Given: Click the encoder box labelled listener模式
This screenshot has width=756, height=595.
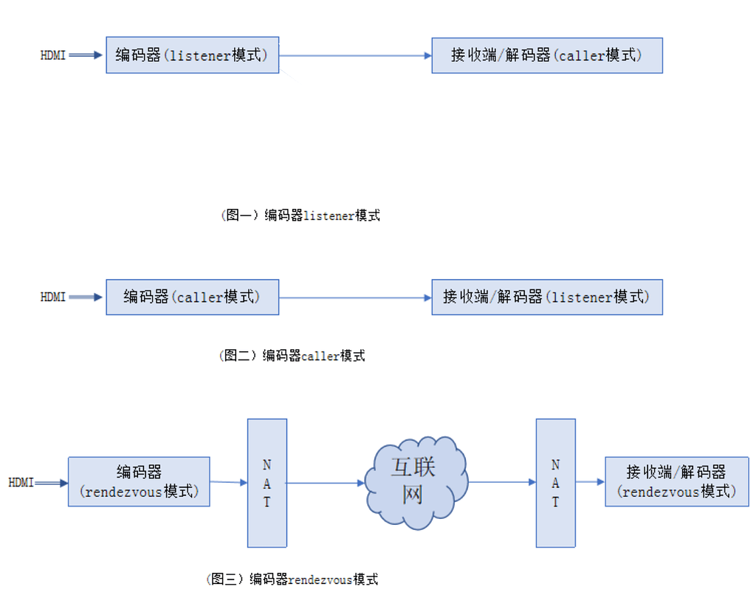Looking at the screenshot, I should (x=192, y=55).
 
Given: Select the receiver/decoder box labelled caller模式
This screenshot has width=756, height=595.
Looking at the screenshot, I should (x=546, y=55).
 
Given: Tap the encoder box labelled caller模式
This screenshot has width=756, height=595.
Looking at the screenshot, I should (x=192, y=297).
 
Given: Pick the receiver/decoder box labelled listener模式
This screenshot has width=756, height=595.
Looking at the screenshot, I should (x=546, y=297).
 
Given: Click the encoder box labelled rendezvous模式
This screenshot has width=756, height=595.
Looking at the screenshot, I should (x=139, y=481).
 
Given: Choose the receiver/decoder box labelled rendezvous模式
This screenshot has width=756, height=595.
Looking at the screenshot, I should (x=676, y=481).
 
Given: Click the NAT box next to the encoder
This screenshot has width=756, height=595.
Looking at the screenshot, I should (x=267, y=483).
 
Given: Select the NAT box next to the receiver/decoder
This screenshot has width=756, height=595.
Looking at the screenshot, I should (x=555, y=483).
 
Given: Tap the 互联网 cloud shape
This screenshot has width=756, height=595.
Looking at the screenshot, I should (x=416, y=482).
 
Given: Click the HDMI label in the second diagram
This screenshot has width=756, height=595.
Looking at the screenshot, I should (x=53, y=297).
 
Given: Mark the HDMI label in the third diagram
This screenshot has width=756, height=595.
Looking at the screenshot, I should (x=21, y=483).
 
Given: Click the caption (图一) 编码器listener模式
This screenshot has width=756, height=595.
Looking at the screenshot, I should (x=300, y=216).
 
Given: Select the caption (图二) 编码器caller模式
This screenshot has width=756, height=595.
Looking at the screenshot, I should (x=292, y=356).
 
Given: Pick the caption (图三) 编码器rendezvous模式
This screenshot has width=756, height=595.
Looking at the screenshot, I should (x=292, y=579).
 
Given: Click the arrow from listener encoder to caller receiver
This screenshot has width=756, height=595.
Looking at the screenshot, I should (x=354, y=55).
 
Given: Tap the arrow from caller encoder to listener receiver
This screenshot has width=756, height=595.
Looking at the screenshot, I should (x=354, y=297).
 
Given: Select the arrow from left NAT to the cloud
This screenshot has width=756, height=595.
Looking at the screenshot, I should (x=325, y=483).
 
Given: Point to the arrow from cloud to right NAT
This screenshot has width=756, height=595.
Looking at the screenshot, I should (x=502, y=483).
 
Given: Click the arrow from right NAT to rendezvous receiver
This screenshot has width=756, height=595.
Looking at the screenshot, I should (x=590, y=482).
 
